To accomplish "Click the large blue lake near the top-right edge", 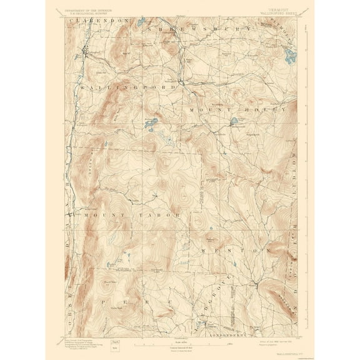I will (289, 58).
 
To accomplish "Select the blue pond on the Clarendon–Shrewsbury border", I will (142, 21).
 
